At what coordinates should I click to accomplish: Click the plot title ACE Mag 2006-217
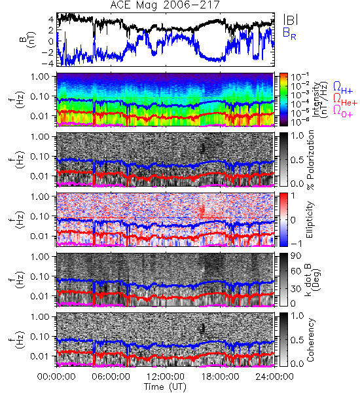[x=165, y=5]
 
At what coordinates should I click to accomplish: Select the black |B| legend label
[x=291, y=20]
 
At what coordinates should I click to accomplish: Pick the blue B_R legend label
[x=289, y=33]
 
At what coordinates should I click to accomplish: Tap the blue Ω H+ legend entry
[x=343, y=88]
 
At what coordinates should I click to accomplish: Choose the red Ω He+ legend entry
[x=345, y=100]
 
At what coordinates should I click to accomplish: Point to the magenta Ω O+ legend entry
[x=343, y=111]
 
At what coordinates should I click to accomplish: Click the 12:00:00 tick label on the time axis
[x=166, y=377]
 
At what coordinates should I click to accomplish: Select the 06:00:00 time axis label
[x=111, y=377]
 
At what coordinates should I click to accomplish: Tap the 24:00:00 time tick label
[x=274, y=377]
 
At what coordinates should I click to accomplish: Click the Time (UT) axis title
[x=165, y=386]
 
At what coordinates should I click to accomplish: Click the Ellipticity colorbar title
[x=310, y=219]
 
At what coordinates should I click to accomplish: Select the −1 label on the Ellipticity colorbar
[x=297, y=244]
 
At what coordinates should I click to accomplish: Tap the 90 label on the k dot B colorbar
[x=296, y=255]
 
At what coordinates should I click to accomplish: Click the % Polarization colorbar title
[x=310, y=160]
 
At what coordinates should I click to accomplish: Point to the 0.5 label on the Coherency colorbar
[x=297, y=340]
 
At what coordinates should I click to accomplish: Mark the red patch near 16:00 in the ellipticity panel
[x=202, y=210]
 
